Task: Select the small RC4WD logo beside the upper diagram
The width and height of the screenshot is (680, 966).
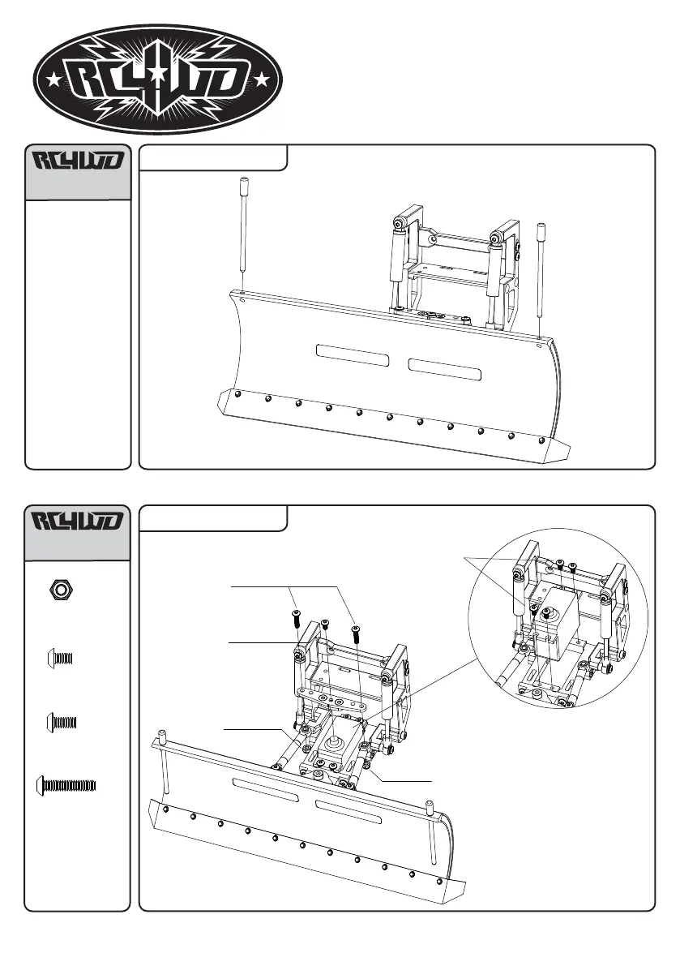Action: point(78,162)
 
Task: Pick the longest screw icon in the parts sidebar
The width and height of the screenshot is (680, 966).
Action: point(67,785)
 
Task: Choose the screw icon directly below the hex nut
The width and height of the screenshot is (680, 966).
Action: point(62,658)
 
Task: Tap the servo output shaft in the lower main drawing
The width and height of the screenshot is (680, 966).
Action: point(331,743)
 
